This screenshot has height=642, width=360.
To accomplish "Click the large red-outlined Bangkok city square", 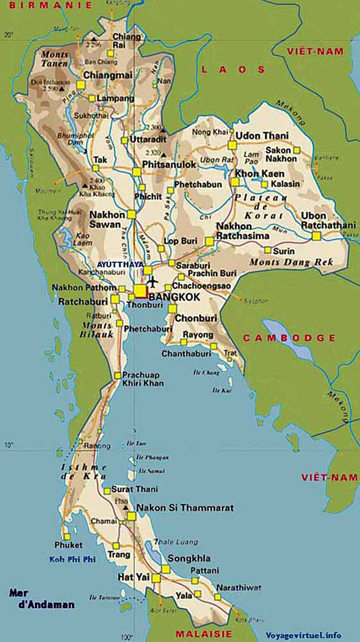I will (x=140, y=291).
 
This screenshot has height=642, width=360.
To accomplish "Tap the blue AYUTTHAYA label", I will (x=119, y=264).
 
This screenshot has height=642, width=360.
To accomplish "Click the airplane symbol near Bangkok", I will (x=153, y=280).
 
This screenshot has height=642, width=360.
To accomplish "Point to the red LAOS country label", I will (x=232, y=69).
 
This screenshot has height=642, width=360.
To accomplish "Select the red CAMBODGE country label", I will (x=289, y=338).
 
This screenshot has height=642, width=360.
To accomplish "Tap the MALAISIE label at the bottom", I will (x=203, y=634).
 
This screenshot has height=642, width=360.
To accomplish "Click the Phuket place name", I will (x=68, y=545).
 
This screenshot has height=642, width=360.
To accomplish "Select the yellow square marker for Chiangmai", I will (x=80, y=85).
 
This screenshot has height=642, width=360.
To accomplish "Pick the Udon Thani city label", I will (x=262, y=136).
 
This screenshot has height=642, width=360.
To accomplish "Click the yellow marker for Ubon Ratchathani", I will (x=316, y=236).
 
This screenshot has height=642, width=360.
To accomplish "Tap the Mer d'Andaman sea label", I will (x=42, y=599).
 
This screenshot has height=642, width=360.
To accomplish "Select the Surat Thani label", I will (x=134, y=489).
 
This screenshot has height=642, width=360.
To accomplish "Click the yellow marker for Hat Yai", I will (x=156, y=578).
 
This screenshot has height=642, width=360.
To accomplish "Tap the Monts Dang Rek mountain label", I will (x=291, y=262).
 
